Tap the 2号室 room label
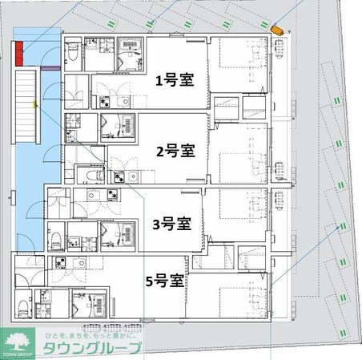(175, 150)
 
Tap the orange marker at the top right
(278, 30)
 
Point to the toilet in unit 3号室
(58, 238)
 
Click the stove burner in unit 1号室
(105, 102)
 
